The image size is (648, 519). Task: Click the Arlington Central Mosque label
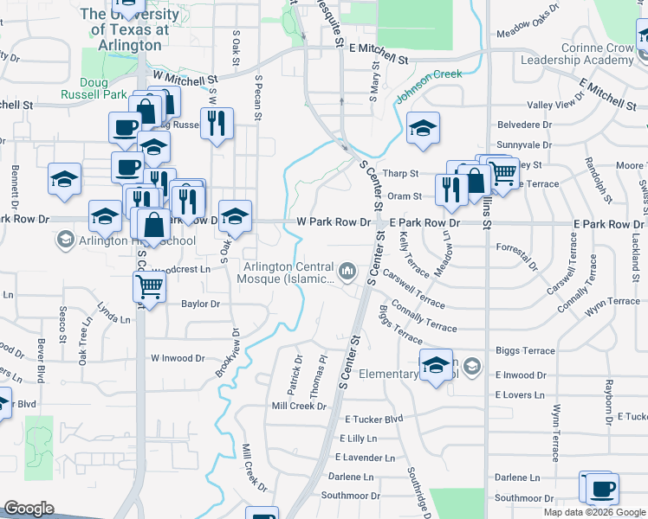pos(290,272)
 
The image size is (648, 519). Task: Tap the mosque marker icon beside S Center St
pos(348,272)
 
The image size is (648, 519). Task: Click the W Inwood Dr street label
pos(178,357)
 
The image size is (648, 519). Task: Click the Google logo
pos(29,508)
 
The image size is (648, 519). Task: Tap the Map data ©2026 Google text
pos(594,512)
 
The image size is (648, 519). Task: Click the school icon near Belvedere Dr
pos(424,128)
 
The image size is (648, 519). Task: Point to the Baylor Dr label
pos(200,304)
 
